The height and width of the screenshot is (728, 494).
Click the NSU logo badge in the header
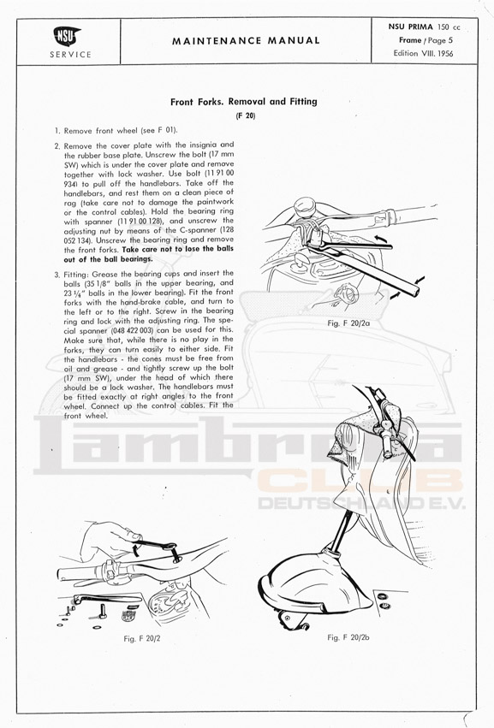(68, 36)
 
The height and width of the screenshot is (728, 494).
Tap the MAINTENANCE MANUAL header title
(246, 41)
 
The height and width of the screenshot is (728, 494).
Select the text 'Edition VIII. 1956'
(423, 53)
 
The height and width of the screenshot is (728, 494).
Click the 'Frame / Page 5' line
(426, 40)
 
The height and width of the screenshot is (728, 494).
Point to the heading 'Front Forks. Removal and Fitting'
(243, 102)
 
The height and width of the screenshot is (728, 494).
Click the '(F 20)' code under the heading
(246, 116)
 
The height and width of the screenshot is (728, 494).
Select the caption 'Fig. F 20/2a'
(348, 323)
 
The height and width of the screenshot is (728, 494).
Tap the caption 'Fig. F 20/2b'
(348, 637)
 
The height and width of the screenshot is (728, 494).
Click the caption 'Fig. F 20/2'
(142, 638)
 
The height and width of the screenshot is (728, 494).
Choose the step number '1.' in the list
(57, 131)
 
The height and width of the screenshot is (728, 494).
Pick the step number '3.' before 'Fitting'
(57, 275)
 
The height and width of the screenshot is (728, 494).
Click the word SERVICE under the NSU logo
(71, 54)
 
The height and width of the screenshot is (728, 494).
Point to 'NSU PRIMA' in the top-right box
(410, 27)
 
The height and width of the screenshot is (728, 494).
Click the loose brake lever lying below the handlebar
(106, 600)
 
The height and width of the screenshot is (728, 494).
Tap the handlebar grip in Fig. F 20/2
(80, 573)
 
